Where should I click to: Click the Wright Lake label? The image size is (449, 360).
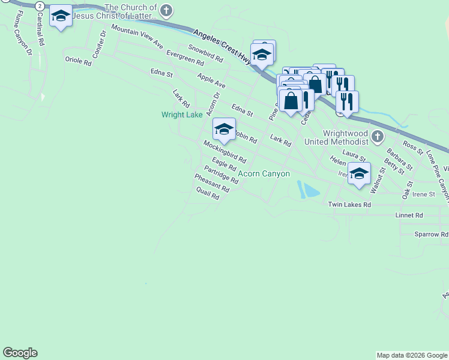pos(182,115)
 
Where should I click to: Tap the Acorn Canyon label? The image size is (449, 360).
pos(264,174)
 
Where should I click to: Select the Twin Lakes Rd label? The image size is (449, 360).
pos(349,205)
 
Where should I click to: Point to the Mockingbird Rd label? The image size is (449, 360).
pos(224,152)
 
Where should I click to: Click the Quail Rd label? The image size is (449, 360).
pos(208,194)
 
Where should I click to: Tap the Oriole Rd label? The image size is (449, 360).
pos(78,61)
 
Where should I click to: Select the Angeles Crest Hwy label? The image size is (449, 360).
pos(222,43)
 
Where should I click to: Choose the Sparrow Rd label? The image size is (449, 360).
pos(431,234)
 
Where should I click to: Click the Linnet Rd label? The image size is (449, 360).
pos(409,215)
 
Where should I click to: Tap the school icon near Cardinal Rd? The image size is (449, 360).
pos(60,16)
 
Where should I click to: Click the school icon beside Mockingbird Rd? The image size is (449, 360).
pos(224,129)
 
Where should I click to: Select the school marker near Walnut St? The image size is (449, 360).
pos(359,173)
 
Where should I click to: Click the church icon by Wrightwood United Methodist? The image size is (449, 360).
pos(377,137)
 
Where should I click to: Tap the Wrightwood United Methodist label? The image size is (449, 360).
pos(336,137)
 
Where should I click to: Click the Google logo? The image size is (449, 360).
pos(20,353)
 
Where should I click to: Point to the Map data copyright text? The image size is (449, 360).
pos(412,355)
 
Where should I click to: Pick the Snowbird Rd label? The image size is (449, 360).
pos(205,54)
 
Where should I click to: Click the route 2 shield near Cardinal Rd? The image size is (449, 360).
pos(40,5)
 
